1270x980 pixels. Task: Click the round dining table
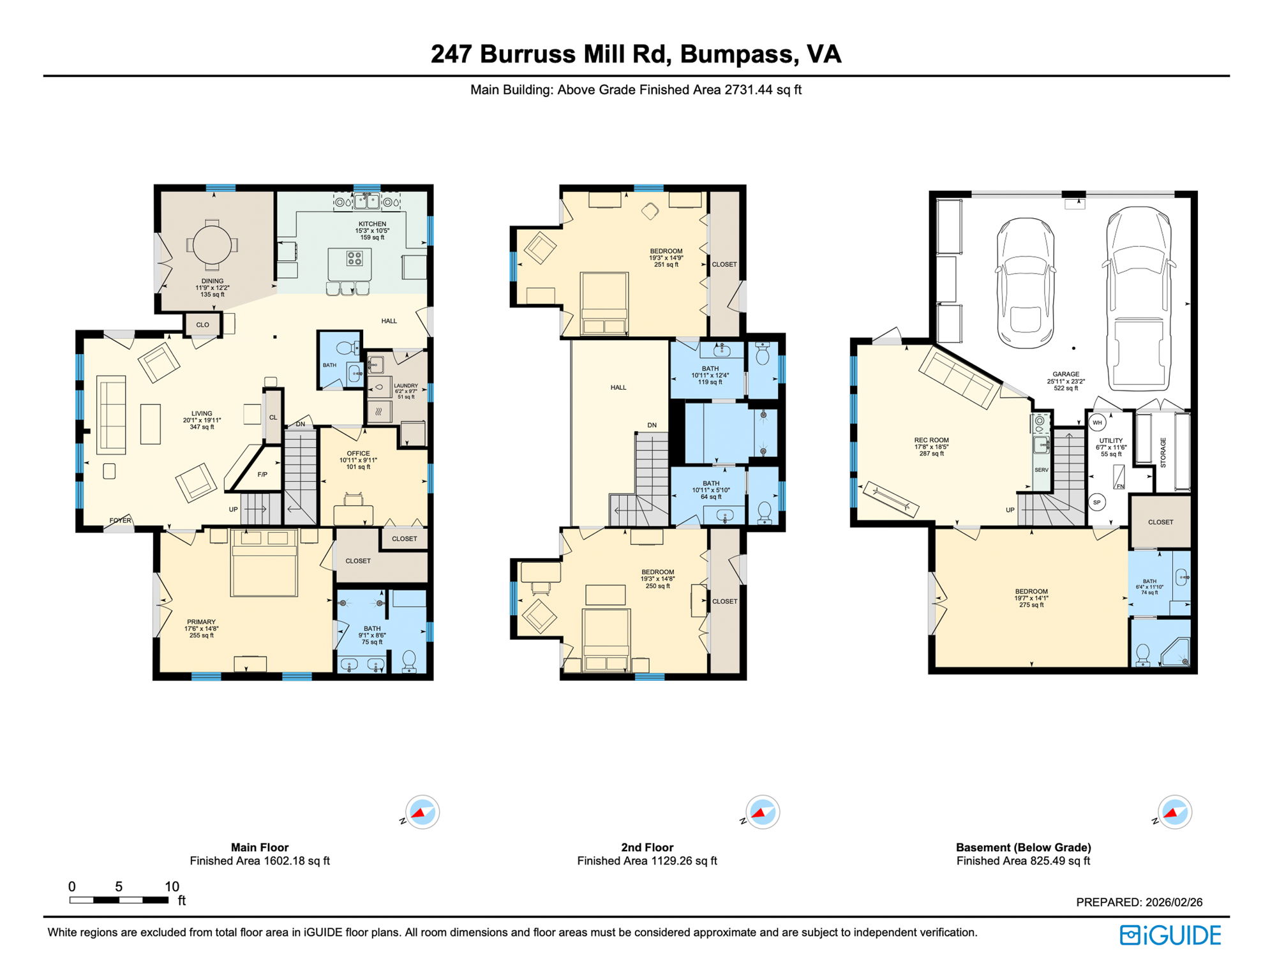point(213,244)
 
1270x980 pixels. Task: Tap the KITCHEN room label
point(372,224)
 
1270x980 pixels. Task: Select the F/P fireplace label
point(262,475)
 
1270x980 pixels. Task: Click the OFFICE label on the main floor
point(358,454)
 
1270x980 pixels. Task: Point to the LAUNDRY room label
point(406,385)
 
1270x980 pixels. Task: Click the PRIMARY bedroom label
point(201,621)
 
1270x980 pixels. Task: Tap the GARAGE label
point(1066,375)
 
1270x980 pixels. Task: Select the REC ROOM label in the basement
point(931,440)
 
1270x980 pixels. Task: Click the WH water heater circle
point(1097,422)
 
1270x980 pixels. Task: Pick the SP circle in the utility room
point(1096,502)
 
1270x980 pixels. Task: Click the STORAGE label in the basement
point(1163,452)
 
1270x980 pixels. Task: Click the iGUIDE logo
point(1170,935)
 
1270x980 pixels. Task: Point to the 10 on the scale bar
point(172,886)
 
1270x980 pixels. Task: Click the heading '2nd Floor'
point(647,847)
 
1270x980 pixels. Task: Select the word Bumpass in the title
point(739,55)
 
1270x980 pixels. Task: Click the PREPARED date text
point(1139,902)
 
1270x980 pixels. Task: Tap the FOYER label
point(120,521)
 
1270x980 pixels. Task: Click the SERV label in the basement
point(1041,470)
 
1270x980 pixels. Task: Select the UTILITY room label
point(1110,441)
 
